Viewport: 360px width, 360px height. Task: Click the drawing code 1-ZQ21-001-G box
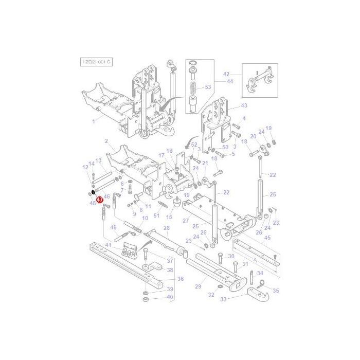pyautogui.click(x=96, y=62)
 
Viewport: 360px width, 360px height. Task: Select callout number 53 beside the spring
pyautogui.click(x=208, y=87)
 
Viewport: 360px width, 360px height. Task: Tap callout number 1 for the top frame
pyautogui.click(x=94, y=121)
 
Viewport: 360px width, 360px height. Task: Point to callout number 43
pyautogui.click(x=244, y=105)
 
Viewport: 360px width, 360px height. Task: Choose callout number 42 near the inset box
pyautogui.click(x=226, y=75)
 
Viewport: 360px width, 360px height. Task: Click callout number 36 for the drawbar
pyautogui.click(x=180, y=279)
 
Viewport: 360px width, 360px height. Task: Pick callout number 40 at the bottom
pyautogui.click(x=170, y=297)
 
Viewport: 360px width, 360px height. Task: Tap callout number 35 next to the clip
pyautogui.click(x=276, y=291)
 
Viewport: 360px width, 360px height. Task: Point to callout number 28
pyautogui.click(x=166, y=228)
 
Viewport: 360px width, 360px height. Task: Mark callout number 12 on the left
pyautogui.click(x=85, y=167)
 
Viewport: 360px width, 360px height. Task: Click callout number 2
pyautogui.click(x=106, y=141)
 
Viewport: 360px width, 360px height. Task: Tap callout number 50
pyautogui.click(x=225, y=148)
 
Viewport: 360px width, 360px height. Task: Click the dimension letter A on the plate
pyautogui.click(x=255, y=260)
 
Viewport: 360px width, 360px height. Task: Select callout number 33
pyautogui.click(x=223, y=299)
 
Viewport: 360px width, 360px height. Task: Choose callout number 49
pyautogui.click(x=114, y=227)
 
